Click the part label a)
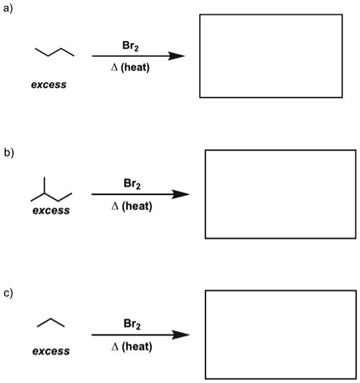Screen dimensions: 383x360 point(7,7)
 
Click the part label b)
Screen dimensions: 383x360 point(8,153)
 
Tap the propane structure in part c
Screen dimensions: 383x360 point(51,322)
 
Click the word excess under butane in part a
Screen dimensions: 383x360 point(48,85)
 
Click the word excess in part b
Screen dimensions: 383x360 point(51,211)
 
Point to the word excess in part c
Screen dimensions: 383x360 point(51,351)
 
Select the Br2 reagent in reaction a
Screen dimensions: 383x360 point(130,46)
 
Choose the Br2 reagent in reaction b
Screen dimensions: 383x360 point(132,184)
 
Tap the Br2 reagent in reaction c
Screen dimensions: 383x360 point(132,324)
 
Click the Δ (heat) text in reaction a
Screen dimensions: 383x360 point(130,67)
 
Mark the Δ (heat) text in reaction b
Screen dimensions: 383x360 point(132,206)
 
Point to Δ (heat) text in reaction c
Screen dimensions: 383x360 point(132,347)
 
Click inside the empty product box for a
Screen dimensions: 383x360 point(271,56)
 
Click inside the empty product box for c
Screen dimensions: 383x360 point(280,334)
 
